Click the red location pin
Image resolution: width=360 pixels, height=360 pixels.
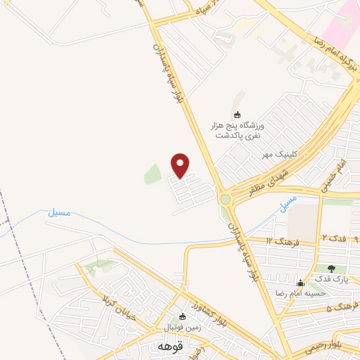181,166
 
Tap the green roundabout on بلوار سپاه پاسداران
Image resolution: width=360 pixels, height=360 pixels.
225,199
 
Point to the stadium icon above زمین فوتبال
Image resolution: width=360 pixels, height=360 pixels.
183,317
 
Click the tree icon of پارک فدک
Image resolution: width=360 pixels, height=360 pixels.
331,268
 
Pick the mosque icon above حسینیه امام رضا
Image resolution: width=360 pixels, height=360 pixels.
300,283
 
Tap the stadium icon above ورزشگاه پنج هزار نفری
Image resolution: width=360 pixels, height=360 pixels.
237,115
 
